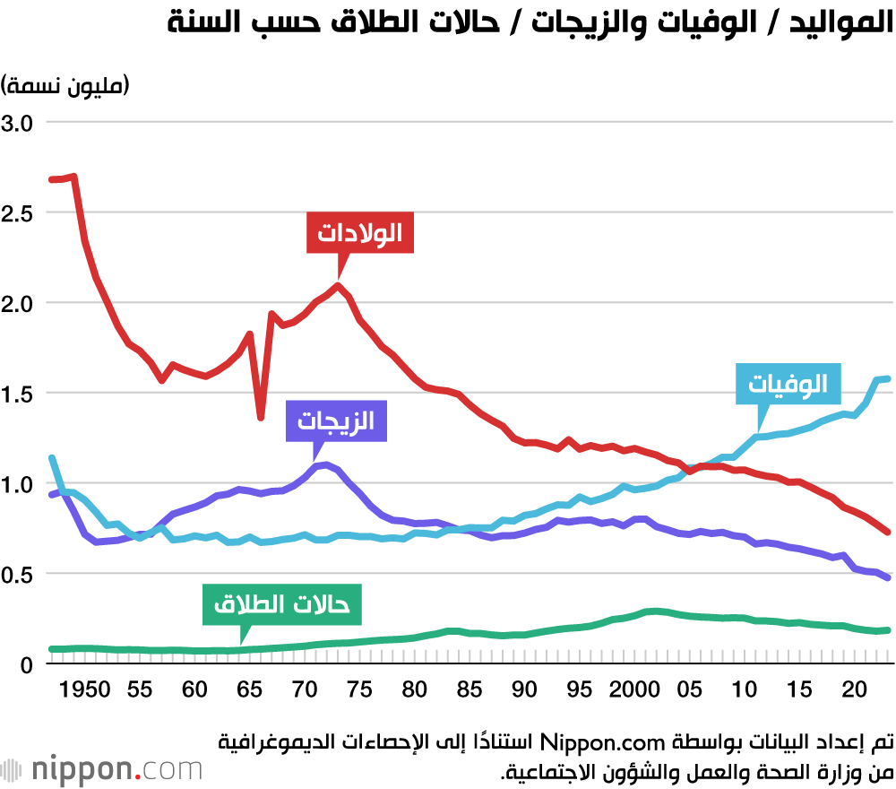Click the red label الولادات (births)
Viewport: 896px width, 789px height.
[359, 233]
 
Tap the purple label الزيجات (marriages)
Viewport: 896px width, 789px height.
[336, 421]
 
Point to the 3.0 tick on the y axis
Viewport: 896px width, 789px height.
[17, 123]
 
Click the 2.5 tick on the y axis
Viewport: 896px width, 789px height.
[17, 213]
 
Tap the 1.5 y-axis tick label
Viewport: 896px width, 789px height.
[17, 394]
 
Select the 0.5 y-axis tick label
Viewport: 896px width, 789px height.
[17, 574]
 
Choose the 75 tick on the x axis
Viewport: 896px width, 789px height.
[359, 690]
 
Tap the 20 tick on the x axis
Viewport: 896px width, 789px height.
[855, 690]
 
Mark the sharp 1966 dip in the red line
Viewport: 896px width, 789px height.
[261, 417]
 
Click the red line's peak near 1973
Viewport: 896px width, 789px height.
[338, 286]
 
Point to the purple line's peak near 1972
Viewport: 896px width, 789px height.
[325, 464]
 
